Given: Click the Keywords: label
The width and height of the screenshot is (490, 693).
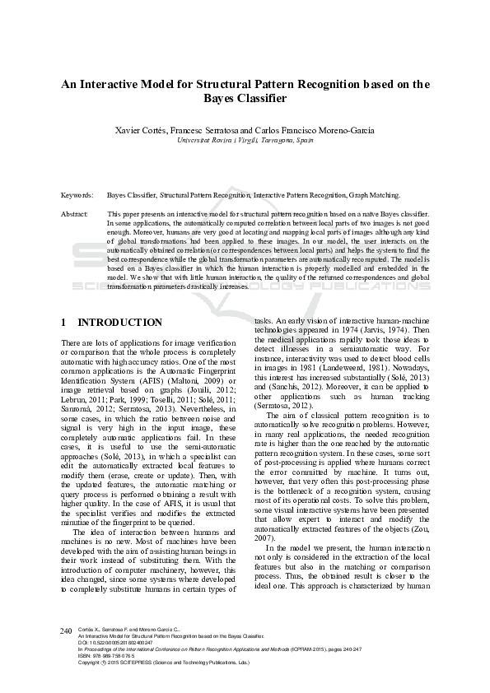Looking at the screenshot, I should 77,196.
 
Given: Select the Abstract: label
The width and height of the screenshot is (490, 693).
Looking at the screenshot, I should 75,214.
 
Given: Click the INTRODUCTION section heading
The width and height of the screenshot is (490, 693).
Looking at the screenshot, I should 119,323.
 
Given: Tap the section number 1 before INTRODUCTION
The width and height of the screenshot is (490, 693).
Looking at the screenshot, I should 65,323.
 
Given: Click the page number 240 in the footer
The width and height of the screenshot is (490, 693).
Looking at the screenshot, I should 67,630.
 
